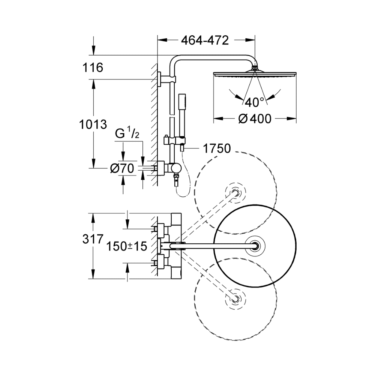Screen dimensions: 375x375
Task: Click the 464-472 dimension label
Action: [x=205, y=40]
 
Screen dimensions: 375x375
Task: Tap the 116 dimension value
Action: [x=92, y=68]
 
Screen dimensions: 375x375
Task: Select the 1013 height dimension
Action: [x=93, y=124]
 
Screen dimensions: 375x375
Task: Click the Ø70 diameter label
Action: [x=122, y=169]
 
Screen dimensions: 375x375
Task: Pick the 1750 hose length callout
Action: [x=216, y=149]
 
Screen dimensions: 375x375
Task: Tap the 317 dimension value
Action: [x=92, y=239]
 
